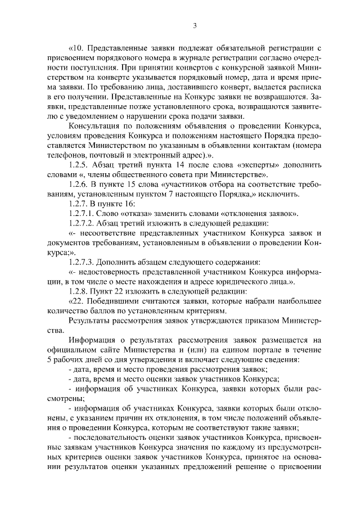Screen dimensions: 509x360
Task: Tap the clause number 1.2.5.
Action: click(77, 165)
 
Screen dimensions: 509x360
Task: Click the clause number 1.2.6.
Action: click(77, 185)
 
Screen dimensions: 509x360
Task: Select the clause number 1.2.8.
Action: click(77, 292)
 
